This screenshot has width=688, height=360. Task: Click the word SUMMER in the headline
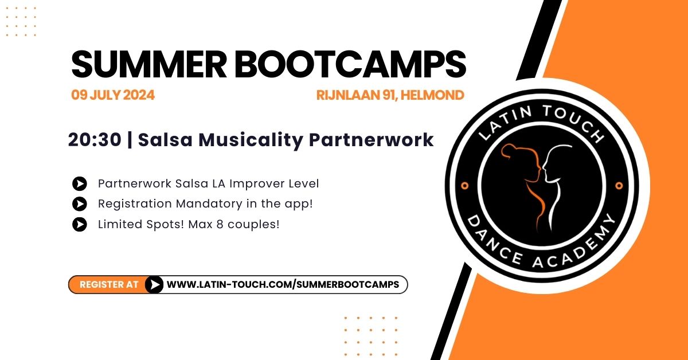point(149,65)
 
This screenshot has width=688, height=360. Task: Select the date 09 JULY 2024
point(113,95)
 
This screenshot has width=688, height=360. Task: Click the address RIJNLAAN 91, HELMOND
point(390,95)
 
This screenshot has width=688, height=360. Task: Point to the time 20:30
point(95,140)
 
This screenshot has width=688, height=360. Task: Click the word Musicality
point(251,140)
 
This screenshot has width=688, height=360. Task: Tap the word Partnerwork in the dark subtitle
point(371,140)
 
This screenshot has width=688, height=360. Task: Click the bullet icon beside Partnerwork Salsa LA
point(80,183)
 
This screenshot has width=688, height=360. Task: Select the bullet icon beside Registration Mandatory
point(80,204)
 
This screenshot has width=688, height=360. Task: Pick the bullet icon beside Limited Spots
point(80,224)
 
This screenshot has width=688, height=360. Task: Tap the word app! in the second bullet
point(299,204)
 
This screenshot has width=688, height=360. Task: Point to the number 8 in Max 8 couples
point(220,224)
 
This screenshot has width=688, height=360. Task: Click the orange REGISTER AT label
point(109,284)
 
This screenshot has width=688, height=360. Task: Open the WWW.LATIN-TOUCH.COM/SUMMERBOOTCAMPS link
point(283,284)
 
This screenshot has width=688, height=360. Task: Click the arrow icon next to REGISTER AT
point(154,284)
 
